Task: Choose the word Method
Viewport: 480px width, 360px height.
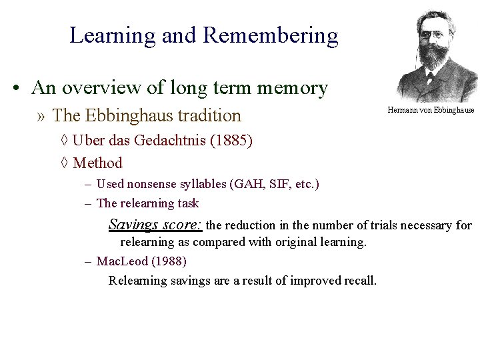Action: point(98,163)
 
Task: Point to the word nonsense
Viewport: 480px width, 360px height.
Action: point(157,183)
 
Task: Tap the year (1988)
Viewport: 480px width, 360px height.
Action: point(170,261)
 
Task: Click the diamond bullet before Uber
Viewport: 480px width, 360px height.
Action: point(63,141)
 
